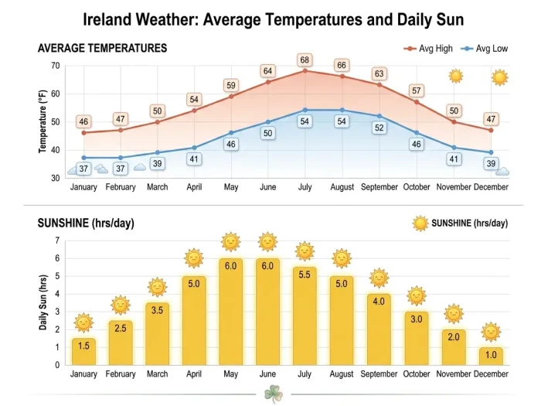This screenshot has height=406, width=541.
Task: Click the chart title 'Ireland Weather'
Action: (x=270, y=19)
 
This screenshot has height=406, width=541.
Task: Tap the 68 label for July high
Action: (x=305, y=60)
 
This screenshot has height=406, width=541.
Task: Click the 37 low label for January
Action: (x=83, y=169)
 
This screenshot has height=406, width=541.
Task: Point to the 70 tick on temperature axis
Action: (x=55, y=66)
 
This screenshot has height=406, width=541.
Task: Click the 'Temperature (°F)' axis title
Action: (x=43, y=121)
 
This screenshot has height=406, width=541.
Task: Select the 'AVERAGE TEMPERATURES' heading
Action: (x=102, y=48)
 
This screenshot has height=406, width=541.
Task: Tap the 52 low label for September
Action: (x=379, y=128)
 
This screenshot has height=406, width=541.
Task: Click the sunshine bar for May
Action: (x=231, y=312)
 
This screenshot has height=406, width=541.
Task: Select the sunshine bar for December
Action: (x=491, y=356)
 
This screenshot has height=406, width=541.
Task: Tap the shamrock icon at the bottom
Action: (x=273, y=393)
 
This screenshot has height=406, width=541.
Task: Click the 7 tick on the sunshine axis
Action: (x=57, y=241)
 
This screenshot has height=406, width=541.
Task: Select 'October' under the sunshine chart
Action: (x=417, y=374)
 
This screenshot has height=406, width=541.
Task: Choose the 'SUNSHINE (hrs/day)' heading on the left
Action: (x=86, y=223)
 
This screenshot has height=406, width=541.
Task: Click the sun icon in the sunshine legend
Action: (x=420, y=223)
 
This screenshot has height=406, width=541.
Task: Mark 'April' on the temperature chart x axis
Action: (x=194, y=187)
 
